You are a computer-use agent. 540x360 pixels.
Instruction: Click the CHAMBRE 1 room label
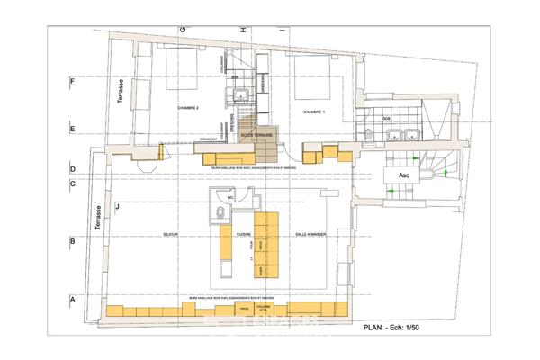point(314,112)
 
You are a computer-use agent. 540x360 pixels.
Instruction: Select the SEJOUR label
point(173,233)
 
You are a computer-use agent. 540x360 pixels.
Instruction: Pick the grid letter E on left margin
point(73,130)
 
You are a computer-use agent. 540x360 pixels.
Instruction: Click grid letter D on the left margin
point(73,168)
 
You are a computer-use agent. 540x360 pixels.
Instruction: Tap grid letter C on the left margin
point(73,185)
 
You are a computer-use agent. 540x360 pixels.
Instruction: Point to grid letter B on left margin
point(73,241)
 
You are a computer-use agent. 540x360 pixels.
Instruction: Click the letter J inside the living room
point(117,208)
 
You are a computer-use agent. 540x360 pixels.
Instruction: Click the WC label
point(230,197)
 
